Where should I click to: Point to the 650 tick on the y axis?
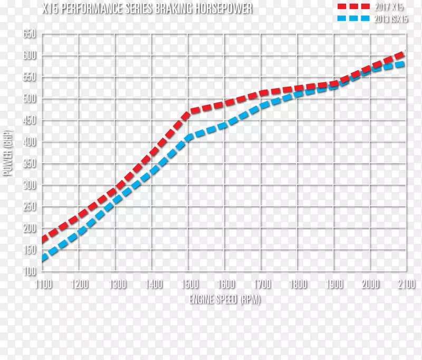29,34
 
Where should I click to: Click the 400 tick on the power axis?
29,142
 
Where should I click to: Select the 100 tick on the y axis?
29,271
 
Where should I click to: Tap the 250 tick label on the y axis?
29,207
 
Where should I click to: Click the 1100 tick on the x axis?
43,285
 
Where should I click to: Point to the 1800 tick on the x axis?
298,285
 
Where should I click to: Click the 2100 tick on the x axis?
406,285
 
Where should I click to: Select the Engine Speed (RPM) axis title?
225,299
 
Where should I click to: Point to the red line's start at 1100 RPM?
44,240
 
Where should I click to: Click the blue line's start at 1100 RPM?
44,259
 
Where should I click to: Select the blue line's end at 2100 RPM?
404,63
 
